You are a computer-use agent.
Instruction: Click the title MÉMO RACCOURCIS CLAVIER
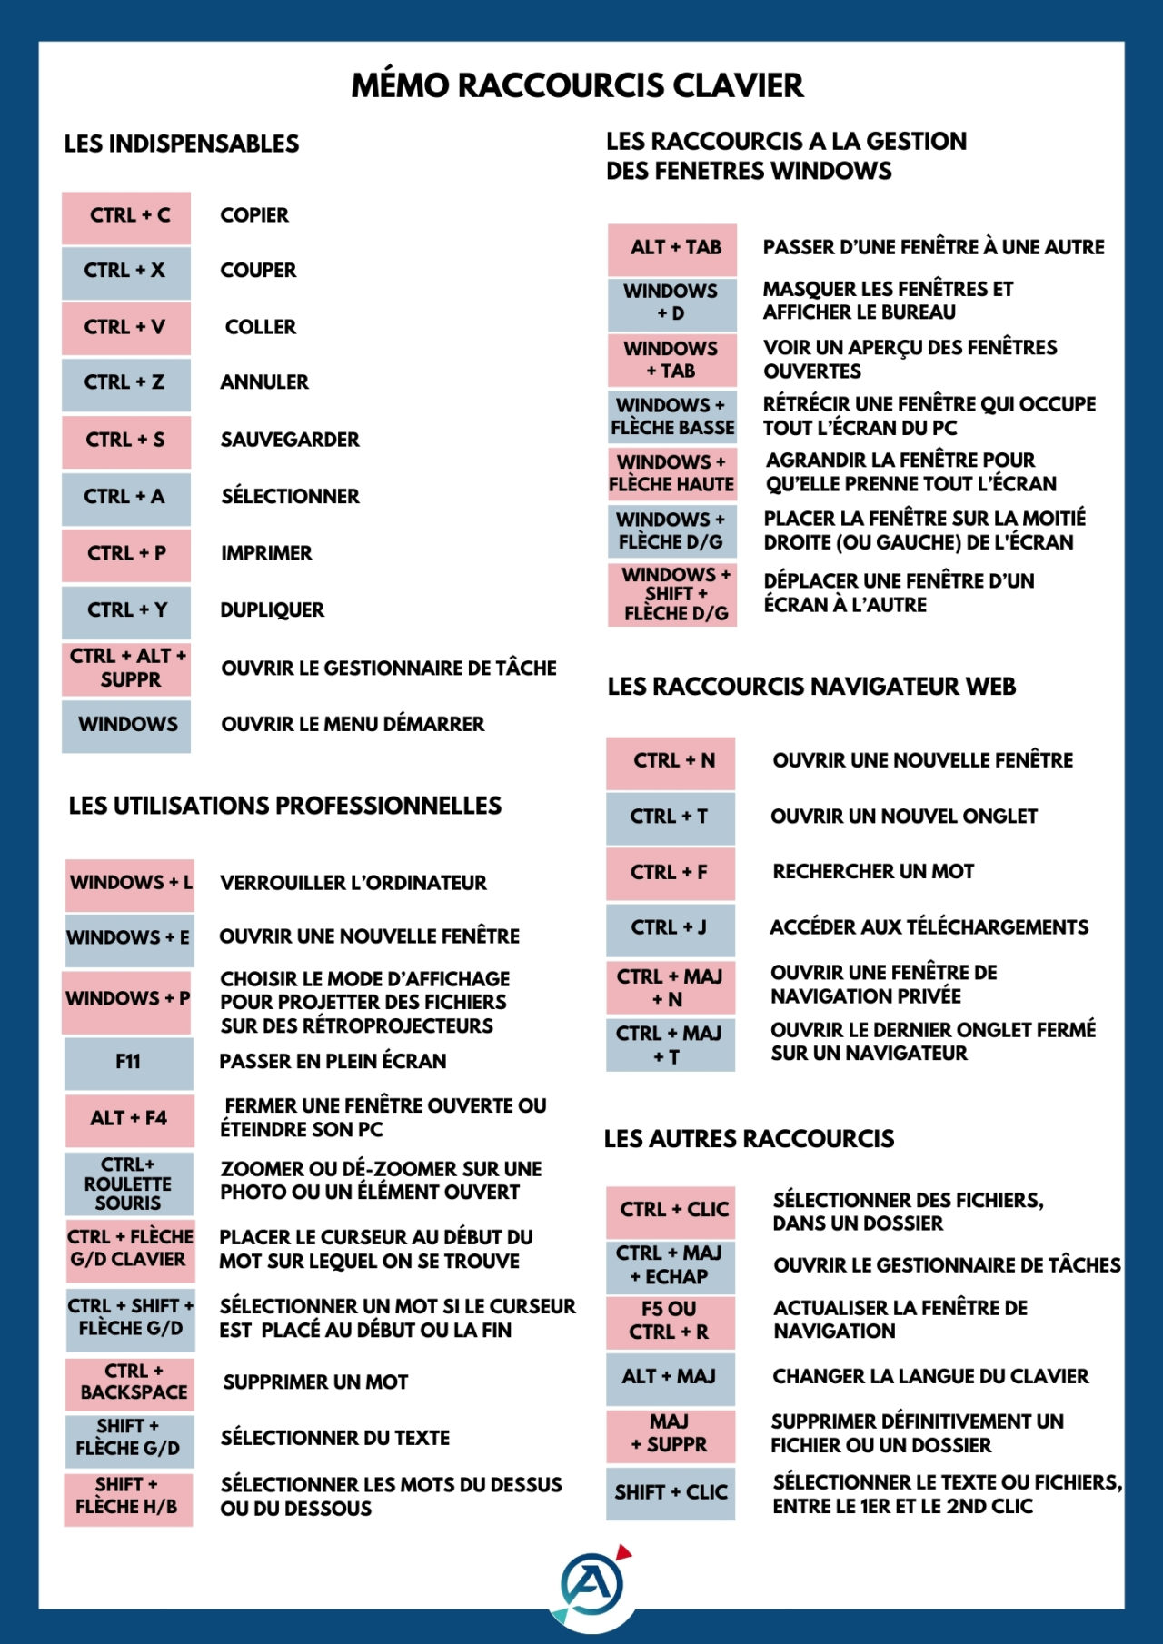pos(577,85)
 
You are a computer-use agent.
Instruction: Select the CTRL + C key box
pos(126,216)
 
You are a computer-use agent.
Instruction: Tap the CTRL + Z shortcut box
pos(126,383)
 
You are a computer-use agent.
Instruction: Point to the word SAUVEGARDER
pos(290,440)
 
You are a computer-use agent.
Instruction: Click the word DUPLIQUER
pos(272,609)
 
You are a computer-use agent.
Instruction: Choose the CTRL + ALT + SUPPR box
pos(126,668)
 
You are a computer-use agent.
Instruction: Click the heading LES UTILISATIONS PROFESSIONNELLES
pos(285,806)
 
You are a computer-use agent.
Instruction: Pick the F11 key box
pos(128,1062)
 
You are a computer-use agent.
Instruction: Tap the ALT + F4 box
pos(128,1118)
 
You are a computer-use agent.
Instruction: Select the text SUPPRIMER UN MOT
pos(315,1382)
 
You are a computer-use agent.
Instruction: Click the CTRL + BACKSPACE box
pos(128,1382)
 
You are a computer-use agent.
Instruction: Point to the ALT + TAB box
pos(672,248)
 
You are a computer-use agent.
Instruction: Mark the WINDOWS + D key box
pos(671,302)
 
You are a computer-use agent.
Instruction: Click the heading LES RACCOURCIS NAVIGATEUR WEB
pos(811,687)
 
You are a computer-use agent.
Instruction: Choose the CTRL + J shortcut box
pos(671,927)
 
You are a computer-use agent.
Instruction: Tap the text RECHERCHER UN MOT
pos(873,871)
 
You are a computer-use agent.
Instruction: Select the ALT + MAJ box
pos(671,1377)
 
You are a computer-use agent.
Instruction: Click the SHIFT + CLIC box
pos(671,1492)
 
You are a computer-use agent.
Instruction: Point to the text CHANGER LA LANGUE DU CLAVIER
pos(930,1376)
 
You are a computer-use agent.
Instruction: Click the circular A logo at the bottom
pos(592,1585)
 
